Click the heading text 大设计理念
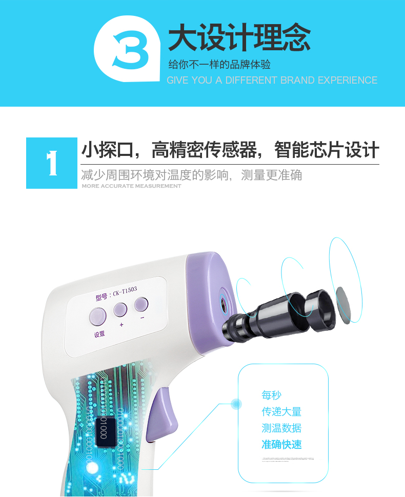tap(239, 39)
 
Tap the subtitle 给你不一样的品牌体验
tap(219, 65)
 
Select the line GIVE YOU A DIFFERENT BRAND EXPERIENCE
tap(272, 81)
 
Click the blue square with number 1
tap(51, 163)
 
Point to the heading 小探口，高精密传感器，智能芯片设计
tap(230, 150)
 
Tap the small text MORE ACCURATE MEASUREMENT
tap(131, 186)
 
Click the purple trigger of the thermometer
tap(160, 418)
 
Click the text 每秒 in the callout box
tap(272, 395)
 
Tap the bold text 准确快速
tap(281, 444)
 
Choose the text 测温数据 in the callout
tap(281, 428)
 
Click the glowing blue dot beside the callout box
tap(236, 404)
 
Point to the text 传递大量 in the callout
tap(281, 411)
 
